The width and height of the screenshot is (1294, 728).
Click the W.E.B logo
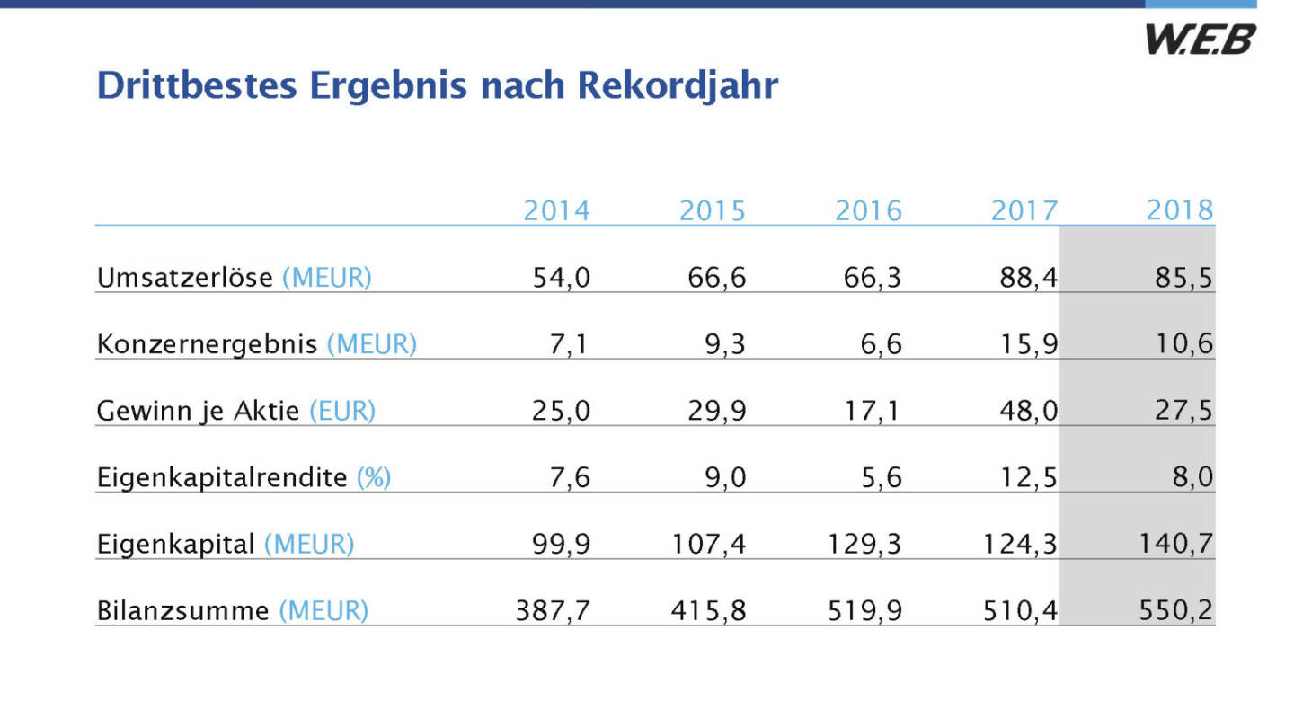tap(1199, 40)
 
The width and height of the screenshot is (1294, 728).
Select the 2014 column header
tap(557, 211)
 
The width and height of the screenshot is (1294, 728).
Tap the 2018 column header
tap(1180, 211)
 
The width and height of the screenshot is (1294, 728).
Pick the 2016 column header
tap(869, 211)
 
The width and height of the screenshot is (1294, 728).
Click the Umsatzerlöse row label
tap(184, 278)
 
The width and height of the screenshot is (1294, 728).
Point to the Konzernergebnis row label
tap(207, 344)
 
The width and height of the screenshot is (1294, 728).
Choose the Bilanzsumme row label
tap(182, 611)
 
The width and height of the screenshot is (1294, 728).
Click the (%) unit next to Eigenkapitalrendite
tap(374, 477)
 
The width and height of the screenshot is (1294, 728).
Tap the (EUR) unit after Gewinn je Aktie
tap(341, 411)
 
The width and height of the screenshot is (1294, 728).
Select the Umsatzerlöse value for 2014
tap(562, 278)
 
